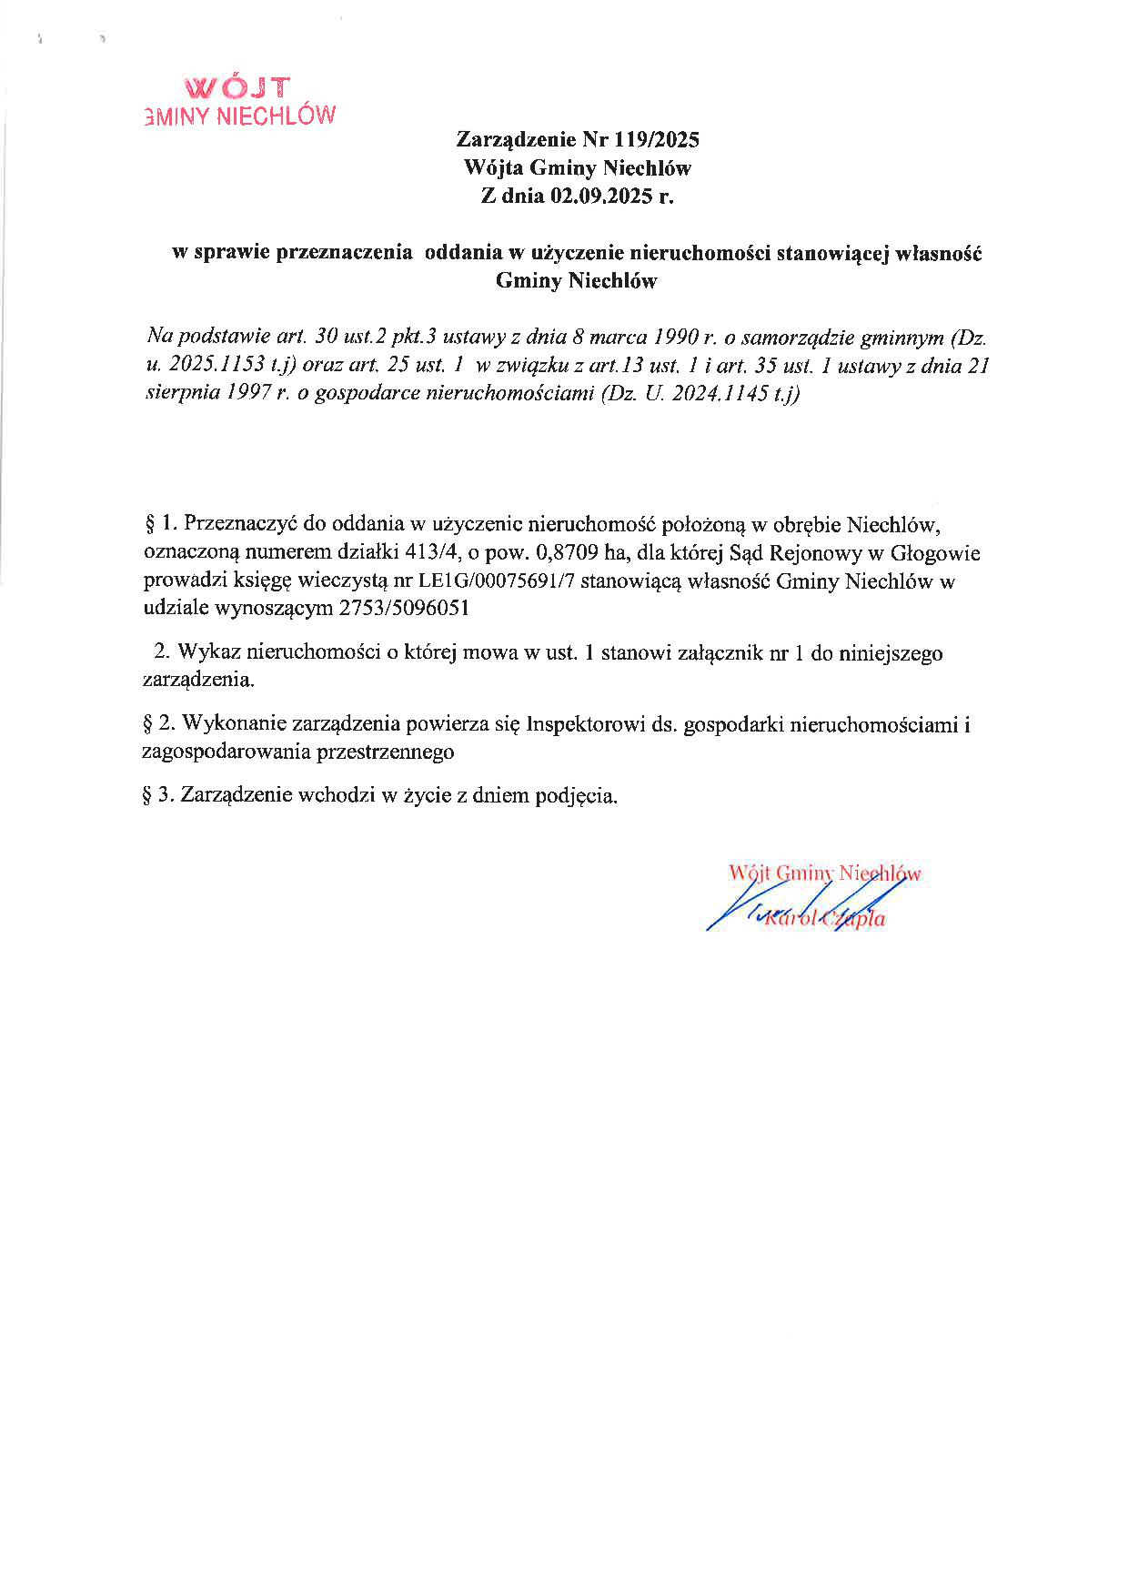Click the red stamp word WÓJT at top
click(237, 87)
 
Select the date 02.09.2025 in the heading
click(600, 196)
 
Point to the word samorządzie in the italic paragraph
click(798, 338)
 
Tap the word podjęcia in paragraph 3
click(577, 795)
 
